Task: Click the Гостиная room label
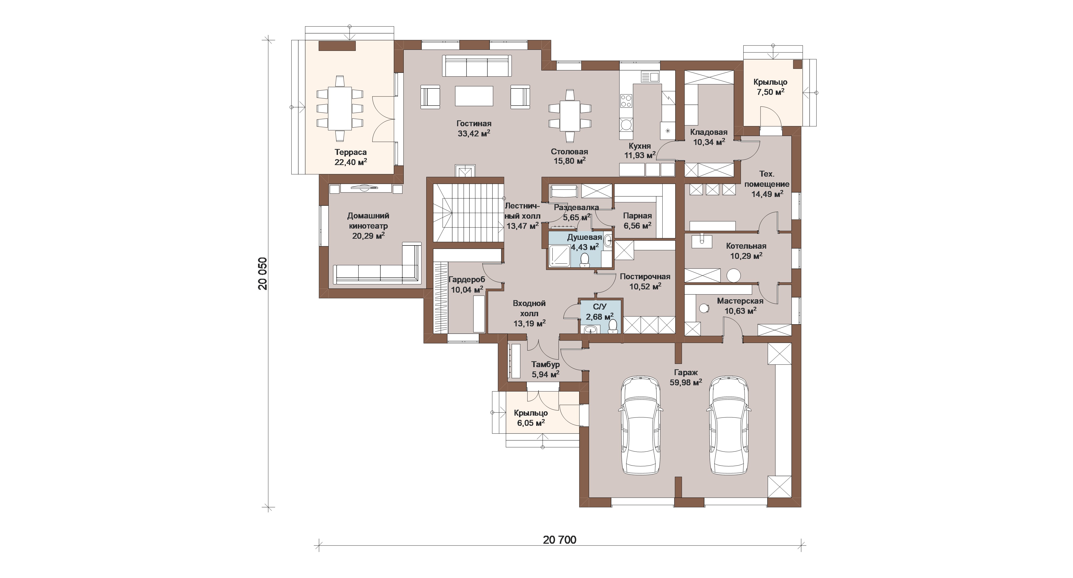(474, 124)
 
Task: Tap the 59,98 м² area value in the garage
(686, 382)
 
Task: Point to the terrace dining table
(340, 108)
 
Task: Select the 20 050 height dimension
(262, 273)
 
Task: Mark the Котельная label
(746, 246)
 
